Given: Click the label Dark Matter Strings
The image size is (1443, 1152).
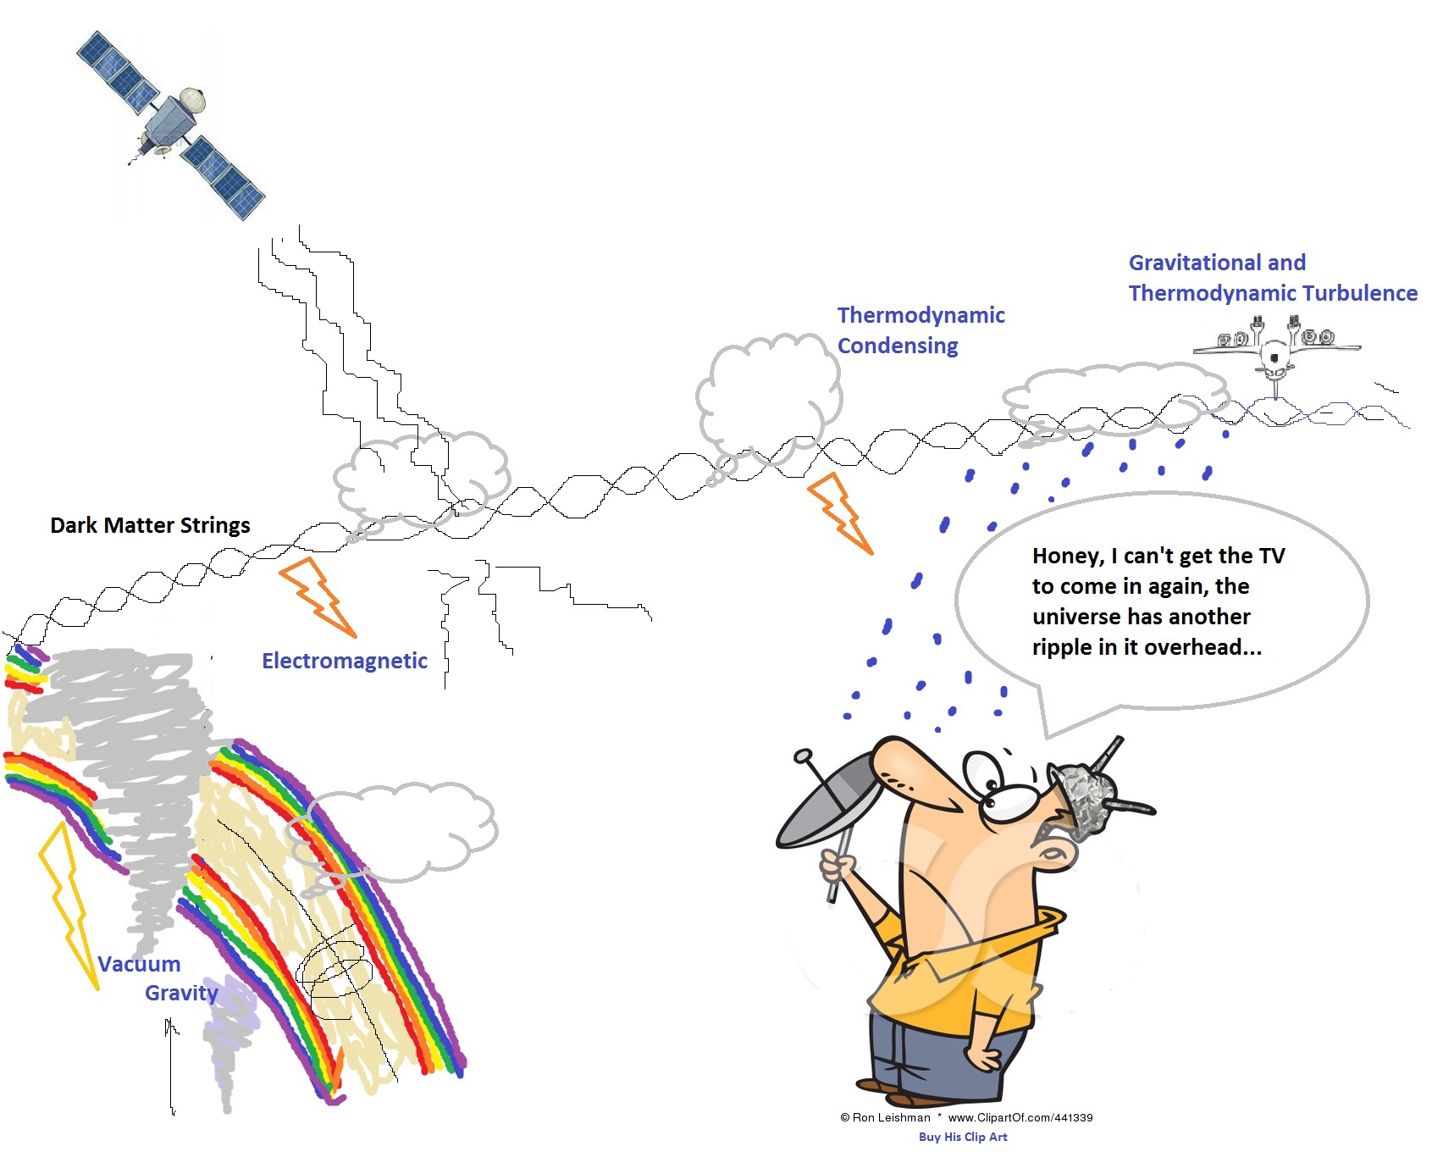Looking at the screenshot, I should coord(150,525).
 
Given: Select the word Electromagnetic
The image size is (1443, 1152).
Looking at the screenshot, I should coord(344,661).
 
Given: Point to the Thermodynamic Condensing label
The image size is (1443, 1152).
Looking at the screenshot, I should coord(920,330).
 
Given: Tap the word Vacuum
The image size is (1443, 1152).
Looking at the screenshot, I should coord(139,964).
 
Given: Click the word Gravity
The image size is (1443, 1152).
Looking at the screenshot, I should coord(181,993).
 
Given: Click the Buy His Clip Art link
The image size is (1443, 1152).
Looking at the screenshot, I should coord(963,1137).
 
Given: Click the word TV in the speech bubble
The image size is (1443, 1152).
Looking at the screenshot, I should coord(1271,557).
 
